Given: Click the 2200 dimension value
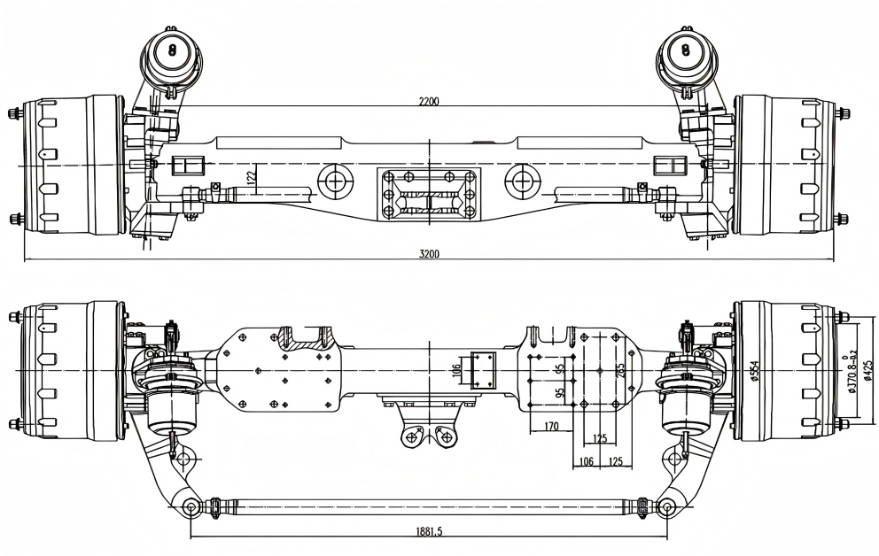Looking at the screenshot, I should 429,101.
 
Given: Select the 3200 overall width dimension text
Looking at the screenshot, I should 429,254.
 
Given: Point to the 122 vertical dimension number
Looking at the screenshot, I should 250,177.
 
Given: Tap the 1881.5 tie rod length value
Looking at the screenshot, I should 429,532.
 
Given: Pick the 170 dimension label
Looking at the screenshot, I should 550,427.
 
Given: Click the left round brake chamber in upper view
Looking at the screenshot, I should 172,51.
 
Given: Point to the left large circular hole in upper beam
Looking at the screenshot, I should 335,181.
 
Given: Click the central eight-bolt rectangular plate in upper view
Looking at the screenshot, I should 429,195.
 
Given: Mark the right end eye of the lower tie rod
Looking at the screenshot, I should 666,506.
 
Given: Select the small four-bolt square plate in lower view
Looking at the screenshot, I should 485,370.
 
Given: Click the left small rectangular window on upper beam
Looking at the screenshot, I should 190,166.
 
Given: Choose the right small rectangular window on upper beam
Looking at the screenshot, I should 669,166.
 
